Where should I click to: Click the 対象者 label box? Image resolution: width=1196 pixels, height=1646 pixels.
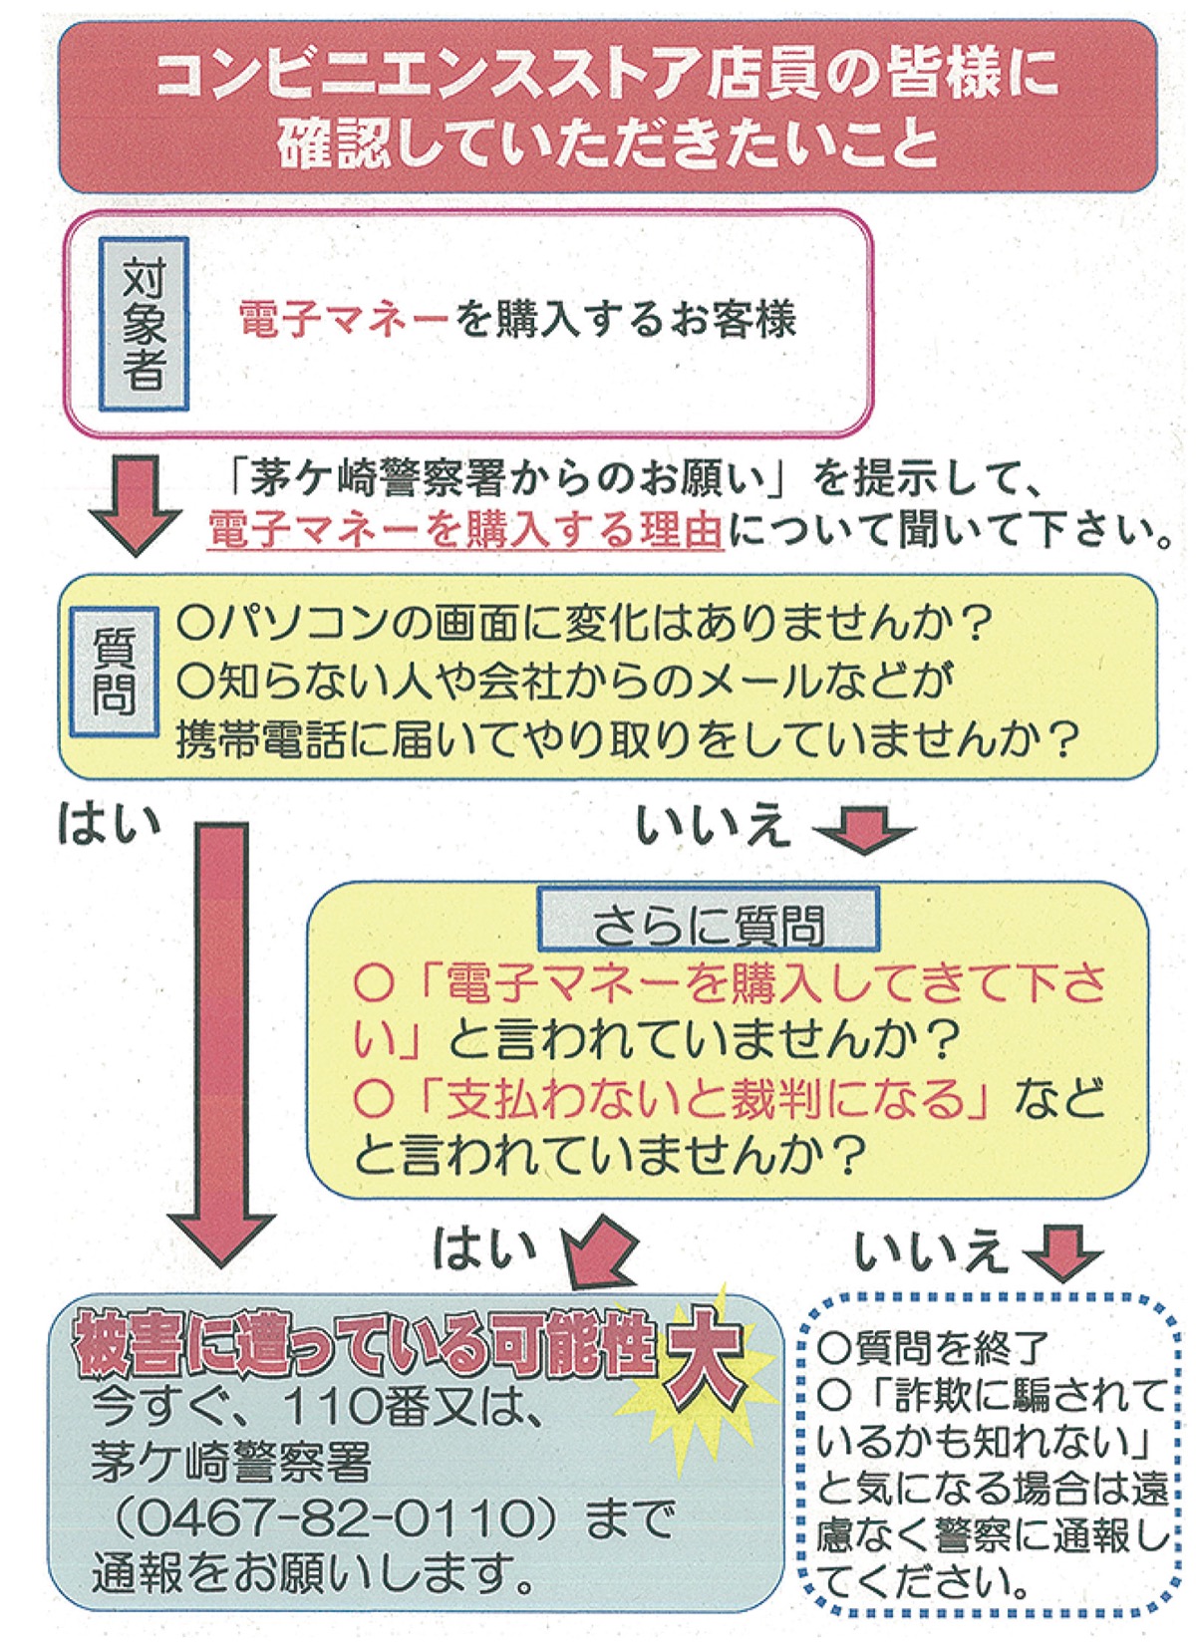coord(144,324)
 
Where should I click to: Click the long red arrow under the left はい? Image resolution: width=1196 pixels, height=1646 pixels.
coord(220,1036)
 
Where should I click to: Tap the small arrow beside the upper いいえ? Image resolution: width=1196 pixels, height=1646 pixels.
coord(863,829)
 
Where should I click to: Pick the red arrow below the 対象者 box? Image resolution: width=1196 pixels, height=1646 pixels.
coord(136,504)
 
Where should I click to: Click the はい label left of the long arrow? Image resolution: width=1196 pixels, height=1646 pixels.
coord(109,824)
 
